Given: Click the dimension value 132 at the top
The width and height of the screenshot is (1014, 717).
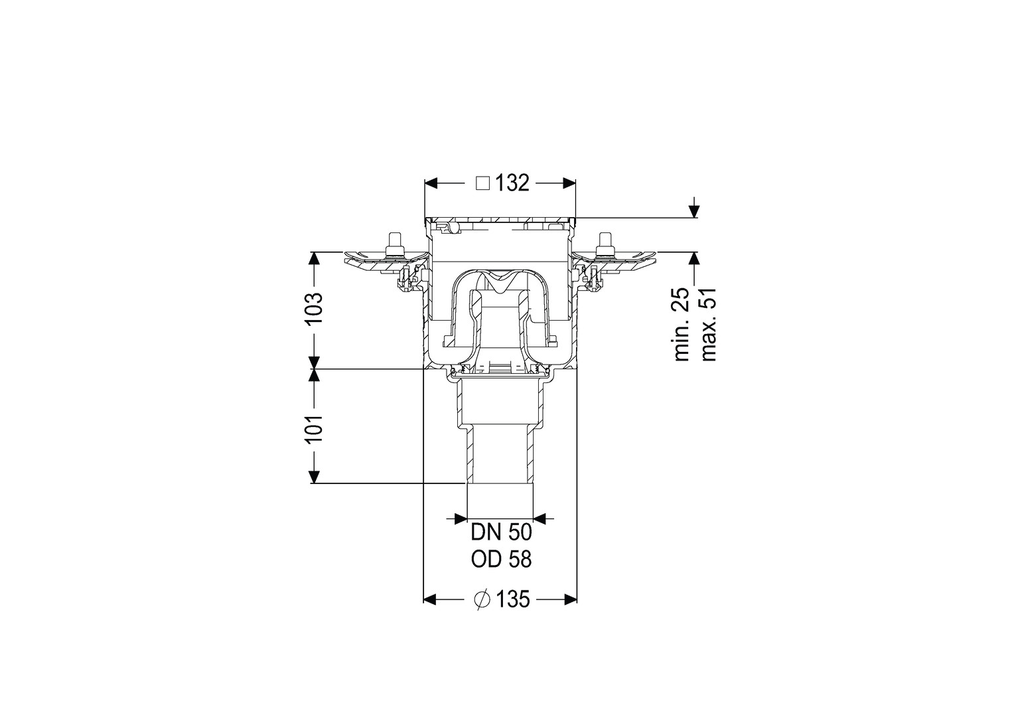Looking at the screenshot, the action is [512, 183].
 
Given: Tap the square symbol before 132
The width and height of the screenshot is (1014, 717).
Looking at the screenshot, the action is [483, 183].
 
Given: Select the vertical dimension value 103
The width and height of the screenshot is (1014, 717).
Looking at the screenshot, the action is [314, 309].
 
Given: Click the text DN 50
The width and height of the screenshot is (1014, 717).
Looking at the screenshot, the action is [501, 532].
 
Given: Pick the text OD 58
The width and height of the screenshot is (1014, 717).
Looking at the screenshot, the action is [501, 560].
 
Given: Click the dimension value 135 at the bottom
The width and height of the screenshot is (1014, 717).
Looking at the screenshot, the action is [514, 599].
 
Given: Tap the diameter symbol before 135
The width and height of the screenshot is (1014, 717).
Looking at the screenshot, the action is [482, 599].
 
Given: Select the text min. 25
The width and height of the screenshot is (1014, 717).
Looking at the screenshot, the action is [682, 324].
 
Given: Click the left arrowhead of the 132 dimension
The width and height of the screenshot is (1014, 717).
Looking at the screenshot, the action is [431, 183].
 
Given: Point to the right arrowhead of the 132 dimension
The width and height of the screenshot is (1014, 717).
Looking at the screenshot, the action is [569, 183].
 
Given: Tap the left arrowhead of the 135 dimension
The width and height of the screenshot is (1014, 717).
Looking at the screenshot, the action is [429, 600].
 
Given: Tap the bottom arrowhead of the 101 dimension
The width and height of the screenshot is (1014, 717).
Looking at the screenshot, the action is [314, 477].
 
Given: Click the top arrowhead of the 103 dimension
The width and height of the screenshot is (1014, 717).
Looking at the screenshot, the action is [314, 259].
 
